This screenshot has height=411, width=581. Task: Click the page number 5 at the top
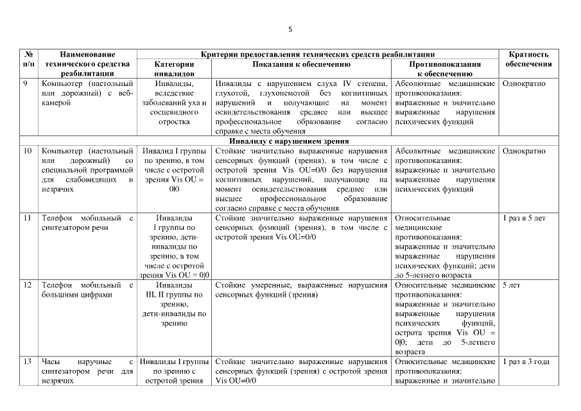point(290,30)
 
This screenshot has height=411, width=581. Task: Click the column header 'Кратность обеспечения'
point(528,60)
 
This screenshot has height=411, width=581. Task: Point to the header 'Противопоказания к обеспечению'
point(445,69)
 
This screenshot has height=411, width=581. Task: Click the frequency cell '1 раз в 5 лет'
point(525,218)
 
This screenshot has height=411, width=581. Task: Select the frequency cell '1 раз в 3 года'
point(526,362)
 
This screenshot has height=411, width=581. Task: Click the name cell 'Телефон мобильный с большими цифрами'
point(87,290)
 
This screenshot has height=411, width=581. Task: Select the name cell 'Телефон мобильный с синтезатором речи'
point(87,223)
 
